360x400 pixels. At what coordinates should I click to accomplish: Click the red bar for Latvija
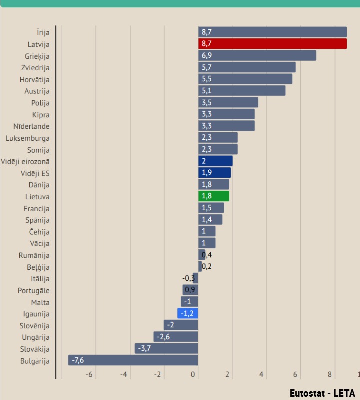coord(272,44)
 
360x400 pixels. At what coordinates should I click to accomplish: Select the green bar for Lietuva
coord(214,196)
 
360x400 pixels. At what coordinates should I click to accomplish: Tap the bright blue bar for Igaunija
coord(188,314)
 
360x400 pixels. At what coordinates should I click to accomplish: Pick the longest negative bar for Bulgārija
coord(133,360)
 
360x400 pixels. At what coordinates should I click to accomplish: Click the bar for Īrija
coord(272,32)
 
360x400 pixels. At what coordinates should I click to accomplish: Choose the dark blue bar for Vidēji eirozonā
coord(215,161)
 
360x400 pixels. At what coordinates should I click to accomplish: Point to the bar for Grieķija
coord(257,55)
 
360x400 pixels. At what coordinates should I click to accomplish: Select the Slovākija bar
coord(166,348)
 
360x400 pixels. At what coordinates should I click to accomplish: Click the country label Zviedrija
coord(35,68)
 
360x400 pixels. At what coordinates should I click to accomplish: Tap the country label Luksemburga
coord(28,138)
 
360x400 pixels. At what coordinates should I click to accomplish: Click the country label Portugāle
coord(33,291)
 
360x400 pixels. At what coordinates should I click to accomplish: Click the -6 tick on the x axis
coord(90,375)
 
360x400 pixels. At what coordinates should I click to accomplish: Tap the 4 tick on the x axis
coord(261,375)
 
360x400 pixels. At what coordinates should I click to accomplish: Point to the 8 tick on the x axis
coord(330,375)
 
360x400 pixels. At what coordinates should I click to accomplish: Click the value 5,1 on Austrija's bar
coord(207,91)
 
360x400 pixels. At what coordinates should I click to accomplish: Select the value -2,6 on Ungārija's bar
coord(163,337)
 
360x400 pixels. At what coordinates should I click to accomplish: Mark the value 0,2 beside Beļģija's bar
coord(207,266)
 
